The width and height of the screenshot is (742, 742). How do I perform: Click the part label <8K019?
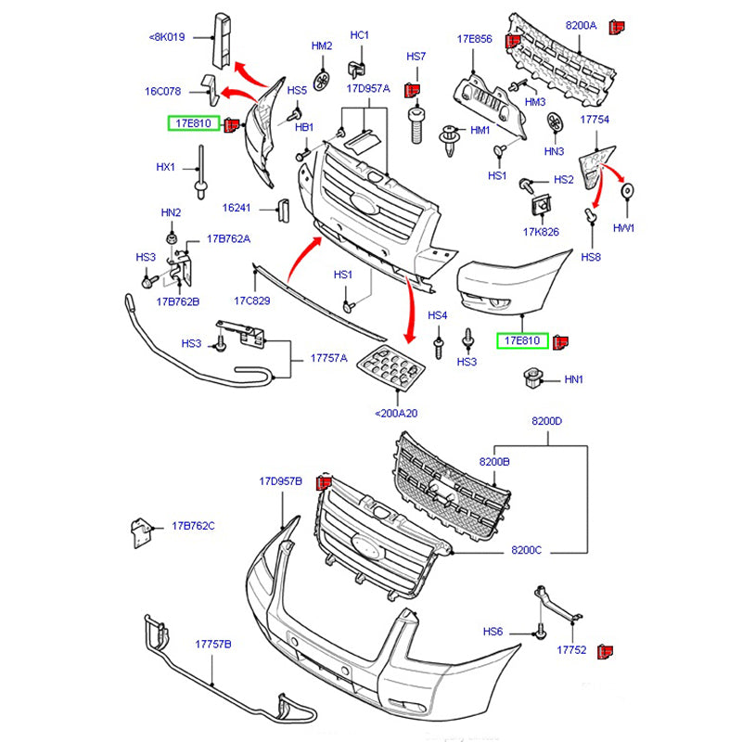(x=167, y=38)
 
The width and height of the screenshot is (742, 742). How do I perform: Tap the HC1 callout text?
(x=360, y=35)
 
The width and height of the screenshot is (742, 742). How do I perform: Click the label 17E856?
(x=474, y=40)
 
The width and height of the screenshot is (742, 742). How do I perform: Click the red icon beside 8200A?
(x=615, y=28)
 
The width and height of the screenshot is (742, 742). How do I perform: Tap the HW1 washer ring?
(x=627, y=193)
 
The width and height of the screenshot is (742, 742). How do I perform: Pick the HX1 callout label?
(x=165, y=167)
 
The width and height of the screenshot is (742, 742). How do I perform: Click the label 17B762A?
(x=228, y=238)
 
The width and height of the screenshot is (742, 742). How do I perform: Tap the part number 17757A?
(x=328, y=358)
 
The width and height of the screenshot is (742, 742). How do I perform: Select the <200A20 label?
(x=396, y=413)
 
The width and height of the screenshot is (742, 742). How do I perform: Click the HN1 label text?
(x=574, y=379)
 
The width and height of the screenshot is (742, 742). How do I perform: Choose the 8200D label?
(x=546, y=421)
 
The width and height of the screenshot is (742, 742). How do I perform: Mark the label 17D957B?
(x=280, y=481)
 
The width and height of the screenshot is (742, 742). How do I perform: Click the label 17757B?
(x=212, y=644)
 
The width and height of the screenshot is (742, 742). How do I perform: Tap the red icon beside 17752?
(x=604, y=651)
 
